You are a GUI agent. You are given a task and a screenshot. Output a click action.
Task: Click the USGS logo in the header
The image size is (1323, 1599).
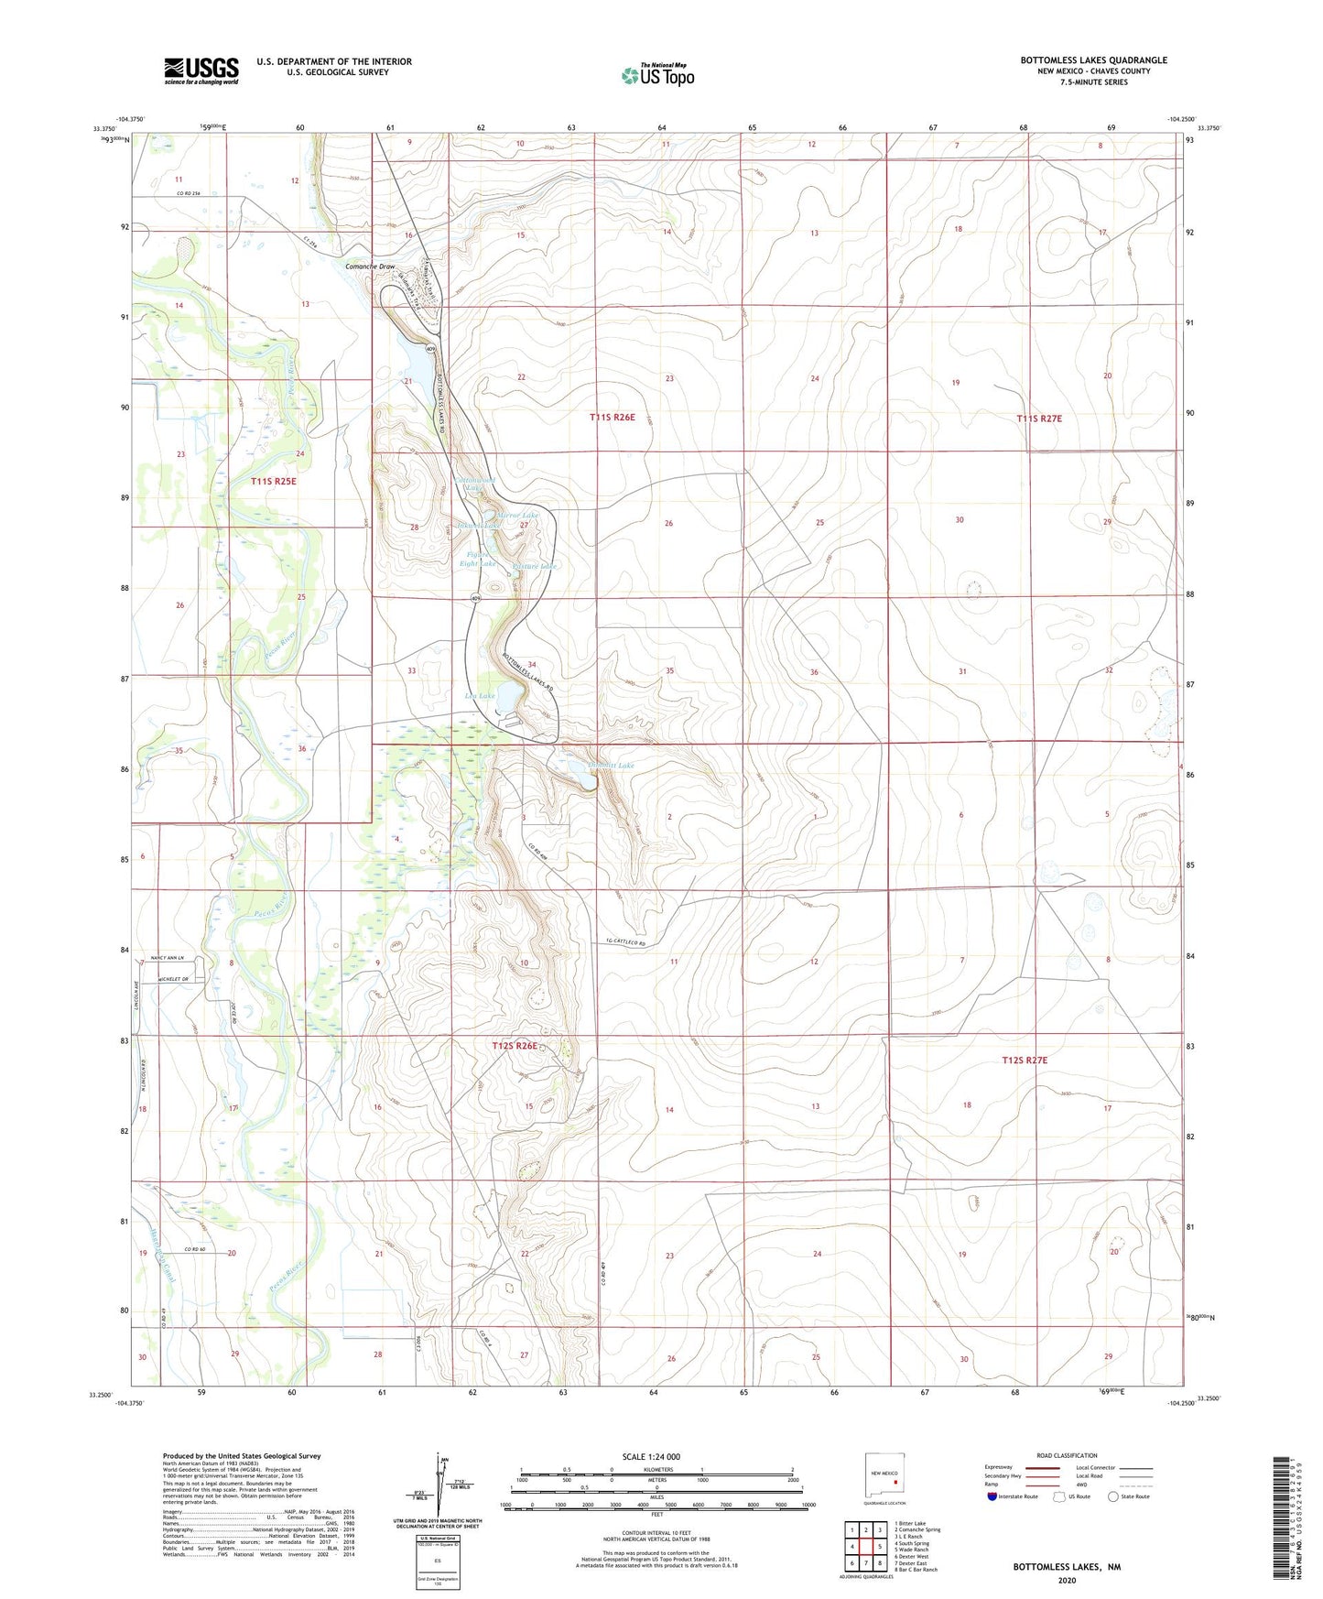click(201, 71)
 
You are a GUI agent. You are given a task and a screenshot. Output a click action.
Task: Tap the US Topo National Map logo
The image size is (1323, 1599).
click(657, 74)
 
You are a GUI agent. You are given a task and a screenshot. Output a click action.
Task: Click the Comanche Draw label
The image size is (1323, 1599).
click(370, 266)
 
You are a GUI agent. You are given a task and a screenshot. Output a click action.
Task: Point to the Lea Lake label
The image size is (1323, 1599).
click(480, 696)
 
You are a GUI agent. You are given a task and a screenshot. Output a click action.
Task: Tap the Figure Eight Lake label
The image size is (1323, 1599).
click(478, 559)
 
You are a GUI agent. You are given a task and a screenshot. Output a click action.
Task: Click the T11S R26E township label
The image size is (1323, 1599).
click(612, 418)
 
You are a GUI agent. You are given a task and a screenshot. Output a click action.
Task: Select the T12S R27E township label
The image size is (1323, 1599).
click(1025, 1060)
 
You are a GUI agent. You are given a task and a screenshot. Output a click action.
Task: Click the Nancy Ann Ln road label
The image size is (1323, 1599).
click(168, 958)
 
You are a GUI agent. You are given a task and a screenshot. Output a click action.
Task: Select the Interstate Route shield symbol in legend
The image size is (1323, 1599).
click(992, 1496)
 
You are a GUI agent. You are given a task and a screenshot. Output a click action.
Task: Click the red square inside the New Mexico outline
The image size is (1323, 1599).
click(895, 1483)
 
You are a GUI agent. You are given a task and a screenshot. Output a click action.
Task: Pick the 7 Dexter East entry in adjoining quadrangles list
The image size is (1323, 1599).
click(912, 1562)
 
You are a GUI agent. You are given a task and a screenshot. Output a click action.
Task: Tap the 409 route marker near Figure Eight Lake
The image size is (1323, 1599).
click(477, 598)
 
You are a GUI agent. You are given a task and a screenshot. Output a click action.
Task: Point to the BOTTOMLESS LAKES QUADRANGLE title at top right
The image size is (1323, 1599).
click(1093, 60)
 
